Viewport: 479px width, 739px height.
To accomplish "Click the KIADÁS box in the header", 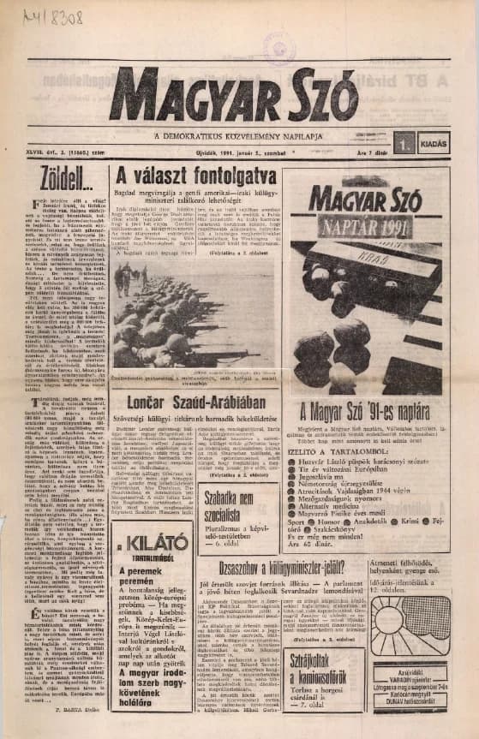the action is coord(434,144).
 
